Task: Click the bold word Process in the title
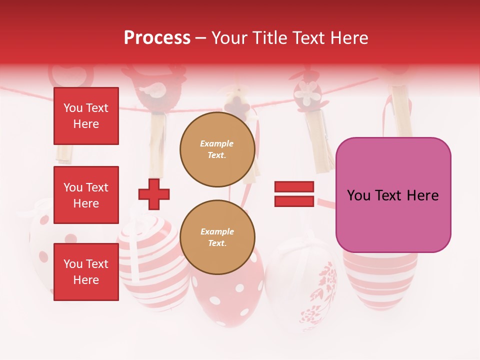[x=157, y=38]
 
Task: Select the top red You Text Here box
[x=86, y=116]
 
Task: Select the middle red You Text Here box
[x=86, y=195]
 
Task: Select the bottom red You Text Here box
[x=86, y=272]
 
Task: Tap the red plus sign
[x=154, y=194]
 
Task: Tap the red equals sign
[x=294, y=194]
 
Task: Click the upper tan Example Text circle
[x=217, y=149]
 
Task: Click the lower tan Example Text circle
[x=217, y=237]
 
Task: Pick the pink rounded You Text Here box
[x=393, y=195]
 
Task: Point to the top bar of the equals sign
[x=294, y=187]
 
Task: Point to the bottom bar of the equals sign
[x=294, y=201]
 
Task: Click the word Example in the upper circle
[x=217, y=144]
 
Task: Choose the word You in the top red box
[x=73, y=108]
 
